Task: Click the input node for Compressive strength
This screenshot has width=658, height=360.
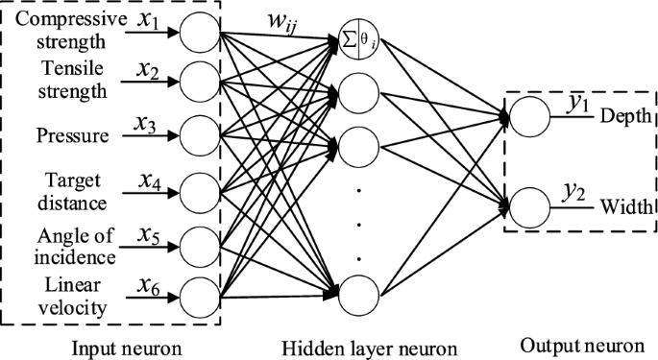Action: click(x=200, y=36)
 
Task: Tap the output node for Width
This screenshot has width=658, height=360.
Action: click(x=527, y=205)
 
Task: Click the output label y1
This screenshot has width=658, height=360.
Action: click(x=577, y=104)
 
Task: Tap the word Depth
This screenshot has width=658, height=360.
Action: click(x=625, y=115)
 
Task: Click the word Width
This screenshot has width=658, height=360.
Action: click(x=624, y=205)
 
